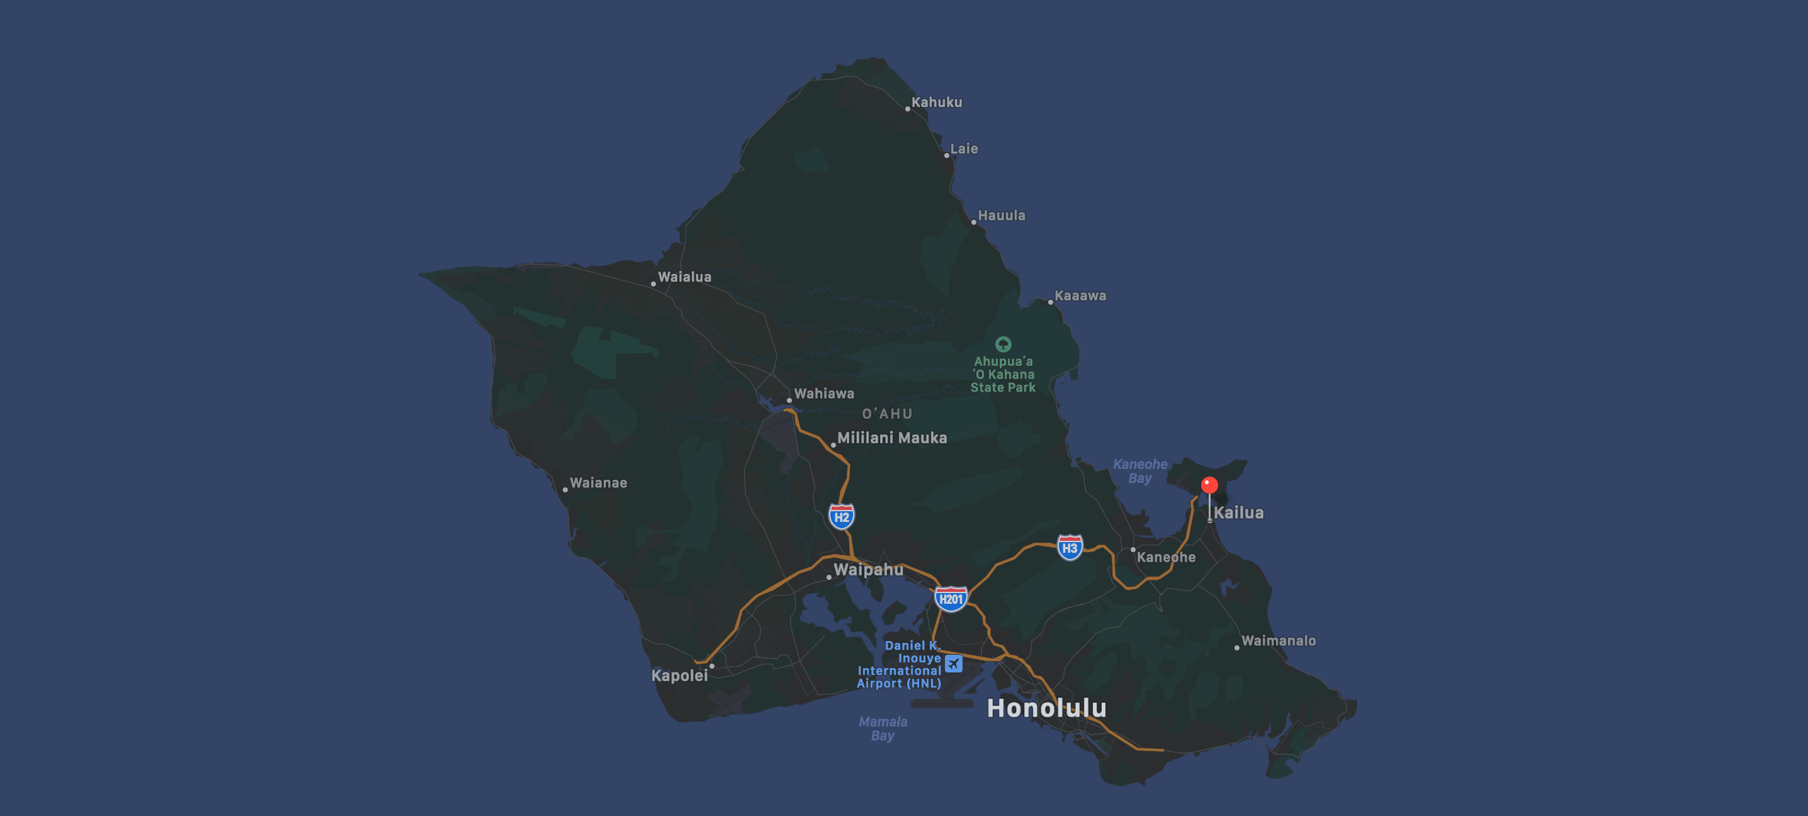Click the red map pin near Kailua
click(1209, 485)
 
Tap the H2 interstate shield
click(842, 517)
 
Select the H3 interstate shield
click(1070, 548)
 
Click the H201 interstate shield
click(951, 599)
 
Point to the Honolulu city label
click(1046, 708)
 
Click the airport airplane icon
click(953, 663)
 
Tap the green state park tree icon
click(1003, 344)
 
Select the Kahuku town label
click(936, 103)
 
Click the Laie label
click(964, 149)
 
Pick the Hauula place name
click(1002, 215)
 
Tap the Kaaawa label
click(1080, 296)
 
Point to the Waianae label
click(598, 483)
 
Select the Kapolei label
click(679, 676)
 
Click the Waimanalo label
click(1278, 640)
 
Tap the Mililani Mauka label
click(892, 438)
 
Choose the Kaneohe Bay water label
click(1140, 471)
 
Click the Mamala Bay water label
click(883, 728)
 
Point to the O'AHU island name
click(887, 414)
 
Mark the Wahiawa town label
click(824, 394)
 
